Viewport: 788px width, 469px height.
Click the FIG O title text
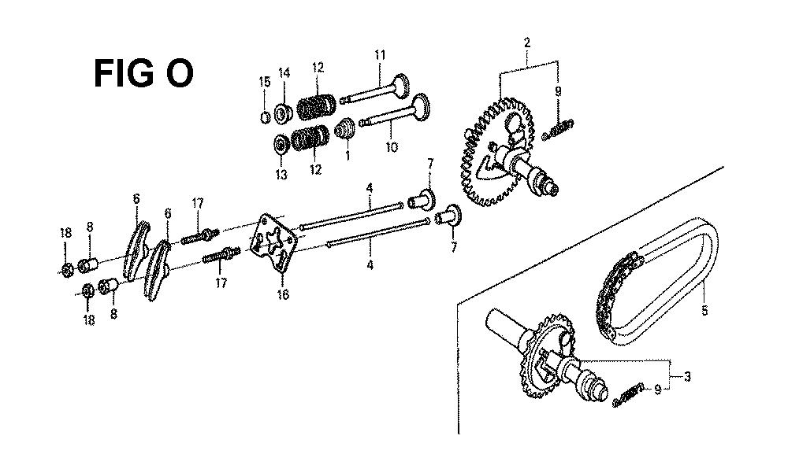143,73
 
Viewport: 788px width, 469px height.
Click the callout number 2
526,42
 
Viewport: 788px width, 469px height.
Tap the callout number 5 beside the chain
704,311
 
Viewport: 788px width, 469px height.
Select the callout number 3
687,375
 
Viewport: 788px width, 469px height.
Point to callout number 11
380,54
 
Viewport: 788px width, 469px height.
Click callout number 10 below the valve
392,147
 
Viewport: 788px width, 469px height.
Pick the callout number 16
283,294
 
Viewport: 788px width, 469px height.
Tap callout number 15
264,82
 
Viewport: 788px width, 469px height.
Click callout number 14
284,73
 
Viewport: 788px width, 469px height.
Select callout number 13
281,175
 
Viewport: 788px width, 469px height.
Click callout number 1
348,156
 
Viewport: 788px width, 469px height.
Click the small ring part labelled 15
266,117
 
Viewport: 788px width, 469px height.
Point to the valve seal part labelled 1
346,127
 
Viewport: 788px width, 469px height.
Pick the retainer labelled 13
282,144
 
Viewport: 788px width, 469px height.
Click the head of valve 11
401,86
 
